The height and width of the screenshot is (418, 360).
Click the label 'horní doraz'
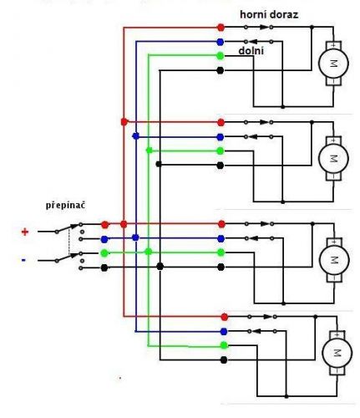point(269,14)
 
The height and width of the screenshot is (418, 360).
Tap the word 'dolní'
point(251,51)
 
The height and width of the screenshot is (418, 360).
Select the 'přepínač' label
point(65,206)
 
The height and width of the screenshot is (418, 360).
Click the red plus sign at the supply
point(25,232)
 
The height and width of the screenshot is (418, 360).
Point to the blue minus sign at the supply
point(23,260)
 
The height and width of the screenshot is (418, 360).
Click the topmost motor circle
point(333,64)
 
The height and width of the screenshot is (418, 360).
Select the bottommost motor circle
point(337,353)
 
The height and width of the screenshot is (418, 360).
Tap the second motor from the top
point(333,158)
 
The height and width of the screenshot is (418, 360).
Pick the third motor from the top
point(334,260)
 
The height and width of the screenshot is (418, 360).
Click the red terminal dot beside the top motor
point(221,28)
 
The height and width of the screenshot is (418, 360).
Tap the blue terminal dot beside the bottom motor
point(224,331)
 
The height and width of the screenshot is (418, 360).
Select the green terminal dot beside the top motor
point(221,56)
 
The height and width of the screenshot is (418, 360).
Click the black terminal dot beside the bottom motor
point(224,360)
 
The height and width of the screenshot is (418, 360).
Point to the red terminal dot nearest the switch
point(105,225)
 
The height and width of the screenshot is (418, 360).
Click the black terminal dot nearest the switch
point(104,268)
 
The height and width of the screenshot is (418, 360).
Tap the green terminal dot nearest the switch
point(104,253)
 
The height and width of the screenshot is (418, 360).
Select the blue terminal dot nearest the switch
point(104,239)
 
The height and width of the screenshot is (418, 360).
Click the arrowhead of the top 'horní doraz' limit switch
point(264,28)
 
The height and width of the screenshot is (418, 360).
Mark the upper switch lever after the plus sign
point(68,228)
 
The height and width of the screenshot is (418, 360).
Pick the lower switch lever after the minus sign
point(68,257)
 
